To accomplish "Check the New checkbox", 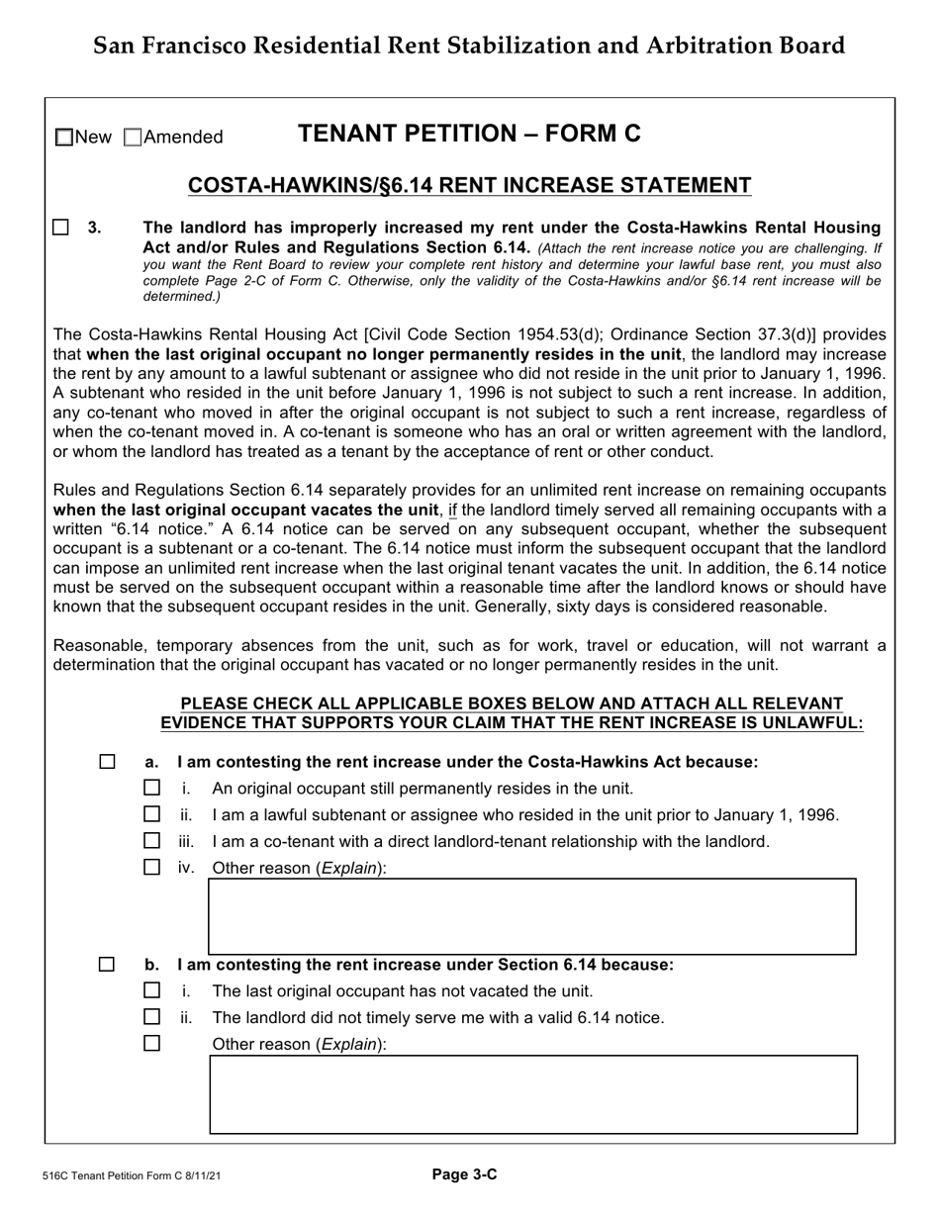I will click(64, 138).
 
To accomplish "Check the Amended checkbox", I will click(134, 138).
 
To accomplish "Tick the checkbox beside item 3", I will click(61, 228).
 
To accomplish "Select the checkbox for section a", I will click(107, 762).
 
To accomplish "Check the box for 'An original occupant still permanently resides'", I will click(151, 789).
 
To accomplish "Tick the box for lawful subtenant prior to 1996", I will click(151, 815).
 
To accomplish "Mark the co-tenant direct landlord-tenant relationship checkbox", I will click(151, 841).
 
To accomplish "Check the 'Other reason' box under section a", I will click(151, 868).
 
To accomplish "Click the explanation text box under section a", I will click(531, 916).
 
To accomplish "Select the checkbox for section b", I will click(107, 965).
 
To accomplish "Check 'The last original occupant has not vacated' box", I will click(151, 990).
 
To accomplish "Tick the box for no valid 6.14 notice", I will click(151, 1017).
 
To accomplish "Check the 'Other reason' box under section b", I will click(151, 1043).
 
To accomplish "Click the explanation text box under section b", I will click(532, 1094).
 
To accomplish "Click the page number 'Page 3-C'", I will click(464, 1175).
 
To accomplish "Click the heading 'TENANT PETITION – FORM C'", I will click(469, 135).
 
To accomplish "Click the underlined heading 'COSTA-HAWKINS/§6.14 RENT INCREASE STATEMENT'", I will click(469, 186).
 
